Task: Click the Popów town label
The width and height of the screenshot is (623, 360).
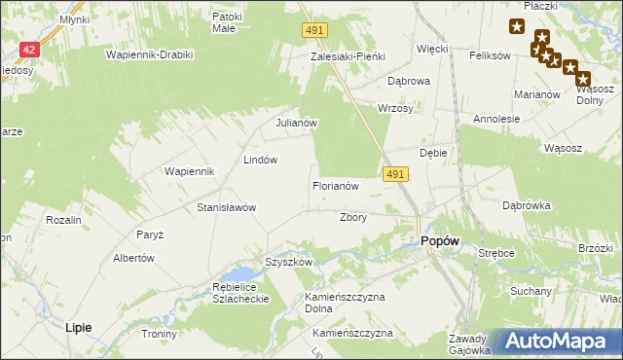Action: tap(439, 241)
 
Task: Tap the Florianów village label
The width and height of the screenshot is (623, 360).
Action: tap(336, 185)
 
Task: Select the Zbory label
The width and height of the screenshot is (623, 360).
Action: tap(352, 217)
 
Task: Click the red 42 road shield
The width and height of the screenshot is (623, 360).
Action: tap(29, 50)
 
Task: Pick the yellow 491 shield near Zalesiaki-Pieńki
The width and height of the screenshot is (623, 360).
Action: tap(312, 32)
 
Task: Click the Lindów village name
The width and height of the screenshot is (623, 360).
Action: tap(261, 159)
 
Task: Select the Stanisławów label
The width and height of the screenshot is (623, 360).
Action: tap(226, 207)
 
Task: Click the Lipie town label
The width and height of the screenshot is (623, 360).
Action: tap(78, 328)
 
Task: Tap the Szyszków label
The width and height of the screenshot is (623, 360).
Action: tap(288, 262)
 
